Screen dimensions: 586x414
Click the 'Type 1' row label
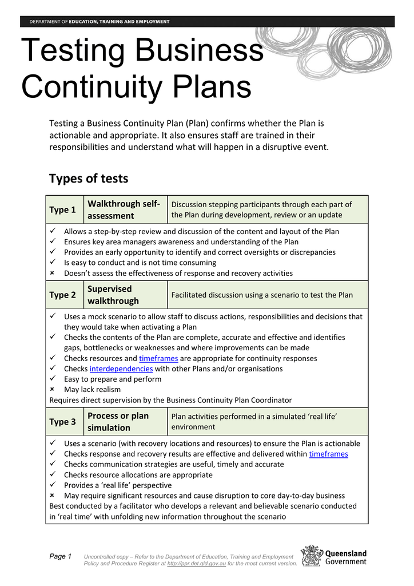tap(63, 209)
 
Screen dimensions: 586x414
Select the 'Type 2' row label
tap(63, 295)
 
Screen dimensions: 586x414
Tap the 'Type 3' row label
tap(63, 422)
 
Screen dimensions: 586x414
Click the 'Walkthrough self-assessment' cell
tap(124, 209)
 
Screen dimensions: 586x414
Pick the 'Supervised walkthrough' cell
tap(113, 295)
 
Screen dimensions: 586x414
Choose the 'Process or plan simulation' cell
tap(118, 422)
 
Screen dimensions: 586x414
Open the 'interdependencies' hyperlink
tap(121, 369)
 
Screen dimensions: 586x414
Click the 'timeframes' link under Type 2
tap(158, 358)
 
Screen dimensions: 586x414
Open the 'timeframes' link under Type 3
tap(328, 454)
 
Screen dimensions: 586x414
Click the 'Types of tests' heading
tap(89, 178)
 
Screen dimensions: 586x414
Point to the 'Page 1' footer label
tap(61, 556)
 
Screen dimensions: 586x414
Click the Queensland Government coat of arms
tap(312, 556)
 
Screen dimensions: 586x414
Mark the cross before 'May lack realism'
tap(52, 389)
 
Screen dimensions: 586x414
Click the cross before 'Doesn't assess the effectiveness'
tap(52, 273)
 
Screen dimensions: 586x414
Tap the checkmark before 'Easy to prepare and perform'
tap(52, 379)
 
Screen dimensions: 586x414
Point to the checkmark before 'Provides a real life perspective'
tap(52, 485)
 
